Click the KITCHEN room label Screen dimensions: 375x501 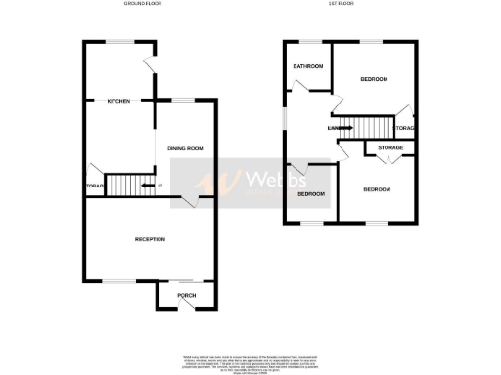[x=118, y=101]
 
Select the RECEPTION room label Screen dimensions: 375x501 [x=150, y=239]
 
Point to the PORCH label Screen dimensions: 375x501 [x=186, y=294]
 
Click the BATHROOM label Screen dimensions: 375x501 [x=308, y=66]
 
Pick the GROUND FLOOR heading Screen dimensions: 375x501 [x=143, y=5]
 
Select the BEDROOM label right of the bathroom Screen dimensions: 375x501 [x=374, y=78]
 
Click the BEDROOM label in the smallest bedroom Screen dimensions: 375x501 [x=311, y=193]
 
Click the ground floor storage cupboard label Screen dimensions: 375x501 [x=94, y=185]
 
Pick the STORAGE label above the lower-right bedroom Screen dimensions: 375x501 [x=390, y=147]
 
